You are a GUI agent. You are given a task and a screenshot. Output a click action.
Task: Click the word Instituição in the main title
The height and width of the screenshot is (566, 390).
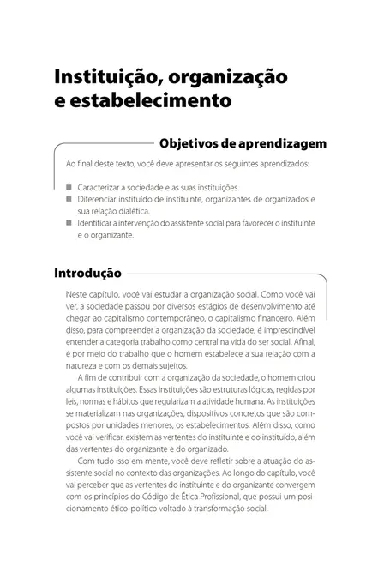pos(103,77)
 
